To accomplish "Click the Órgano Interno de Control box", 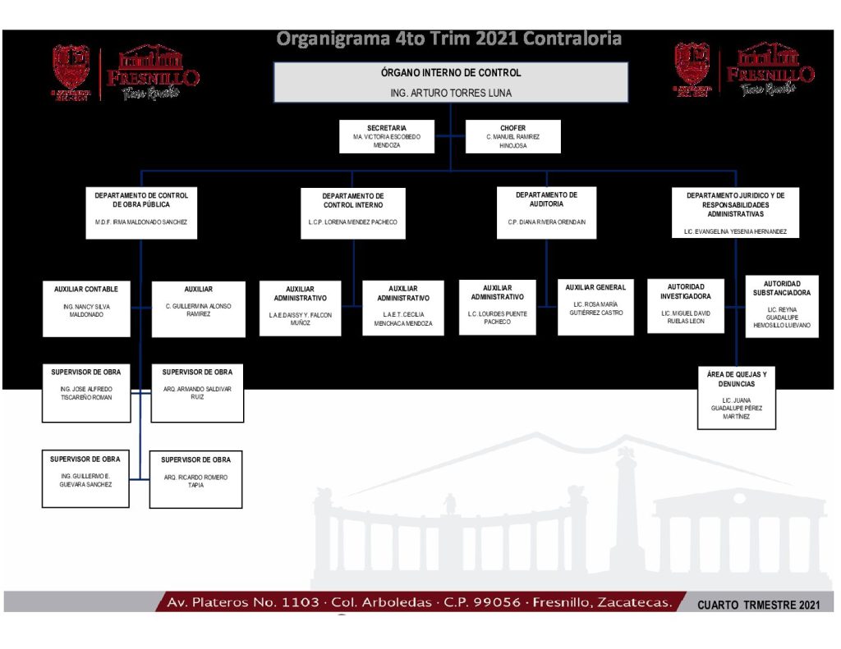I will click(450, 82).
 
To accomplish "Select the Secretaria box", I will click(387, 136).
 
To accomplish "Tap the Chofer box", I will click(513, 136).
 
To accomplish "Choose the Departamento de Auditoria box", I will click(546, 212).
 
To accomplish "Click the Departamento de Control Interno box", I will click(353, 213).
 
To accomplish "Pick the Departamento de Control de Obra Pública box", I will click(141, 212).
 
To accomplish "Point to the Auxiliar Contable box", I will click(86, 309).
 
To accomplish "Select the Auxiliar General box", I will click(595, 307).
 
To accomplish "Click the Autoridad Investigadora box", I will click(686, 305).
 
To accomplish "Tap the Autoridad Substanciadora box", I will click(782, 306).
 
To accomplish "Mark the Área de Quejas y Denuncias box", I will click(737, 398).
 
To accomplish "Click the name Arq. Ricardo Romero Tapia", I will click(195, 481).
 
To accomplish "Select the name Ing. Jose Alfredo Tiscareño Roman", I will click(86, 393).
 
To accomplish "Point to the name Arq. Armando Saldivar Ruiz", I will click(197, 393).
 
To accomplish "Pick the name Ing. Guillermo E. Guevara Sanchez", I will click(86, 480).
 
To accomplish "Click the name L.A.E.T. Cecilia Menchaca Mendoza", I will click(402, 319).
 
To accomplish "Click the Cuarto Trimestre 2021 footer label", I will click(758, 605).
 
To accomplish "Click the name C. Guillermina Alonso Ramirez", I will click(198, 309).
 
